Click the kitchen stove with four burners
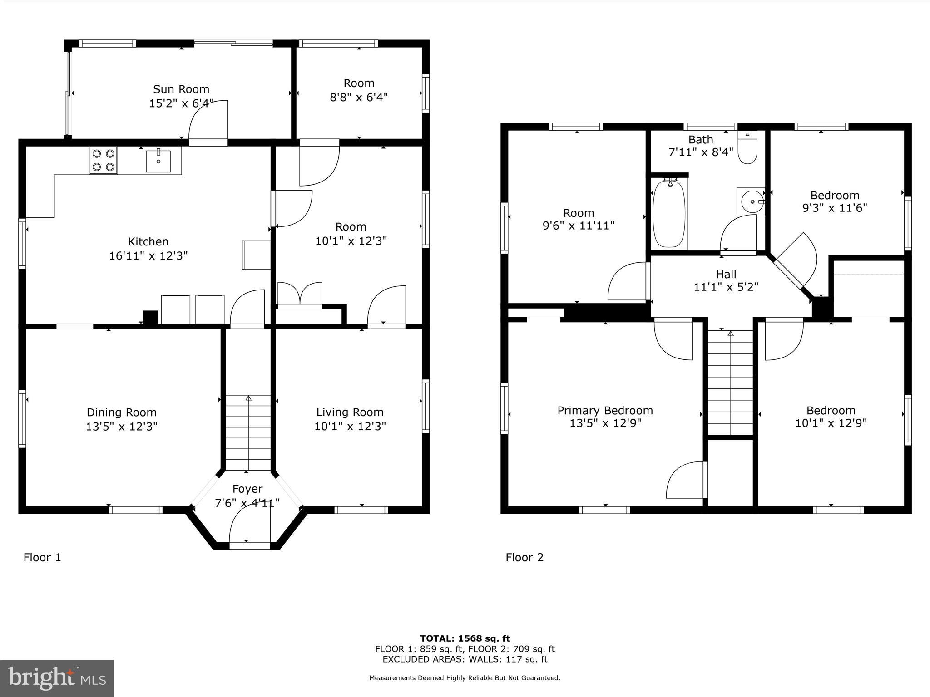(104, 161)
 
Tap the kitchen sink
(158, 161)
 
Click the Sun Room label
(181, 89)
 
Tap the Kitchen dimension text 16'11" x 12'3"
(148, 255)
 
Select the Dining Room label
(122, 412)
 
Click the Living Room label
(350, 412)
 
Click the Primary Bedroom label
(605, 411)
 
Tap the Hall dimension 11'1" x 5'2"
(726, 287)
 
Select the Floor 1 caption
(42, 557)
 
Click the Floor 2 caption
(524, 557)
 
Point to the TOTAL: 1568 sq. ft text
(465, 639)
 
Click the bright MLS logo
(57, 678)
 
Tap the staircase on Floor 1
(248, 432)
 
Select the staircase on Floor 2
(731, 383)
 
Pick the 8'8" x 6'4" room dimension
(359, 97)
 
